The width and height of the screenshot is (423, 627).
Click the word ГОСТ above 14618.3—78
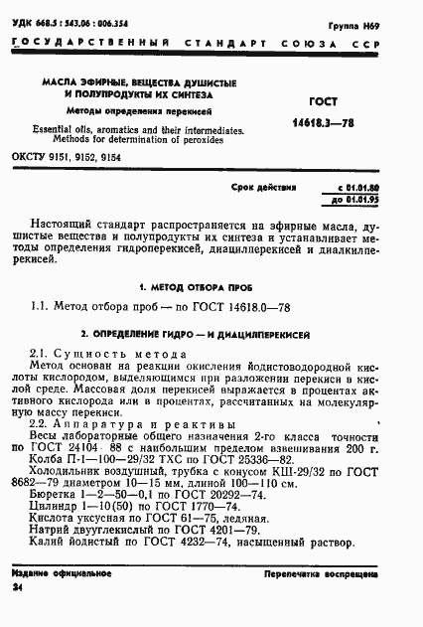coord(326,100)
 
